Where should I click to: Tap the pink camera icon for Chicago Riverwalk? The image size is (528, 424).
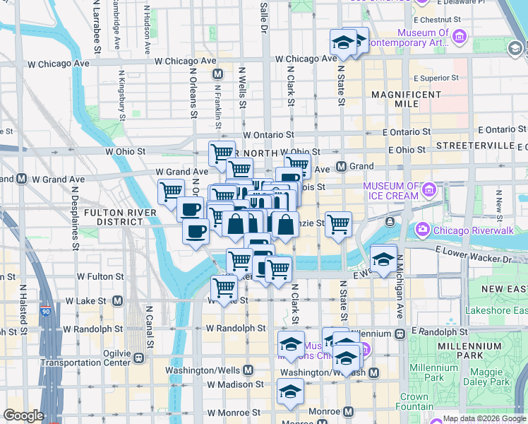[x=423, y=228]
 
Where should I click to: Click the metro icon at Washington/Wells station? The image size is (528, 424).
[x=248, y=370]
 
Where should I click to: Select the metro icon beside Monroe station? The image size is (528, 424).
[x=348, y=411]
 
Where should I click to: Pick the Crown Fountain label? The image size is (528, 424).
[x=414, y=402]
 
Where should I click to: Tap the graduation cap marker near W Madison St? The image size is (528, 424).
[x=290, y=390]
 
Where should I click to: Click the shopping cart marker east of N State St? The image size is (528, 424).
[x=339, y=224]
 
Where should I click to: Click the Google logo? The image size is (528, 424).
[x=23, y=416]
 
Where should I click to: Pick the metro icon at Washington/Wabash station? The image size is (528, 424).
[x=373, y=372]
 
